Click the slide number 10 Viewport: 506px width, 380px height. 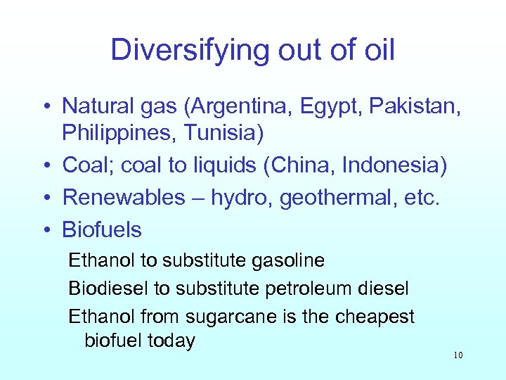click(x=458, y=355)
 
